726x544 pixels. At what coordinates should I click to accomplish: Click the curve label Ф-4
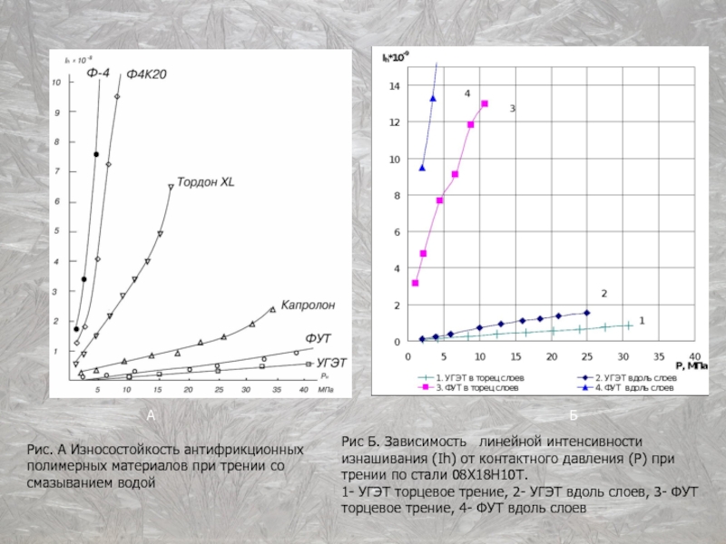[98, 72]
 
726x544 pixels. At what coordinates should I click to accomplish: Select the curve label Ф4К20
[145, 73]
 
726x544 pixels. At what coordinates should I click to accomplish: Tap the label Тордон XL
[205, 181]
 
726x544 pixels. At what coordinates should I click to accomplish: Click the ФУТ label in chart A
[317, 338]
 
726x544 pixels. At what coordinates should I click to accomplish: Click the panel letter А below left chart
[152, 414]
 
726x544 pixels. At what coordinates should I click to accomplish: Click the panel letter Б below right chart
[573, 414]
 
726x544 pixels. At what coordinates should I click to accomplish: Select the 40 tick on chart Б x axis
[695, 355]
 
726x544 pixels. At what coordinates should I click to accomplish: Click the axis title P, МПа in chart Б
[692, 365]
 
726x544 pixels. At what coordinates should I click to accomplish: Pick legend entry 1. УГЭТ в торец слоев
[471, 376]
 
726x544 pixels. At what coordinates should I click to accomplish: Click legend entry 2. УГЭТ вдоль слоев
[627, 376]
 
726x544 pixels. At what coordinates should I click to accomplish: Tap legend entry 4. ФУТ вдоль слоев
[626, 387]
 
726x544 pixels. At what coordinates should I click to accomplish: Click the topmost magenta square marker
[485, 104]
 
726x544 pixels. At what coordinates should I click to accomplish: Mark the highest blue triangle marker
[433, 98]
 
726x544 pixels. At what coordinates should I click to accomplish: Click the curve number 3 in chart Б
[512, 109]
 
